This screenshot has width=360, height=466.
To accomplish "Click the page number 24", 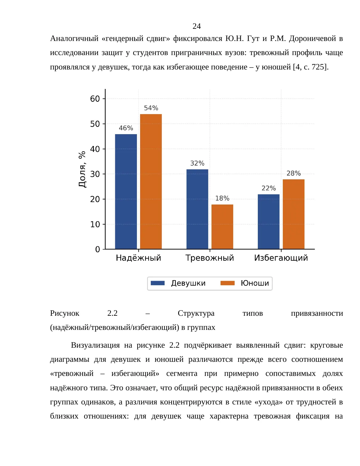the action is click(197, 26).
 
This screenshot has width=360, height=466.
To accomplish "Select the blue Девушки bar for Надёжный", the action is click(126, 191).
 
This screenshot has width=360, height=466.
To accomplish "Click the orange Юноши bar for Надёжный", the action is click(151, 181).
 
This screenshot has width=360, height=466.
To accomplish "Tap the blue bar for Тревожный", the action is click(197, 209).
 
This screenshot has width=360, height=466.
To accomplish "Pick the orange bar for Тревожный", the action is click(222, 227).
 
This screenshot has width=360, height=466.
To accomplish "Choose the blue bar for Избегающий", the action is click(269, 222).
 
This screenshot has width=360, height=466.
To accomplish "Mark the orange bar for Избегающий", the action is click(294, 214).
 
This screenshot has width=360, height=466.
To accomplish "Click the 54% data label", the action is click(151, 108).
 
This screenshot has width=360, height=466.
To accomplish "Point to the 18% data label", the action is click(222, 198).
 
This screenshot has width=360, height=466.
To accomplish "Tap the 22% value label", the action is click(269, 188).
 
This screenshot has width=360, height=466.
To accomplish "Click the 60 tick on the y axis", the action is click(95, 99).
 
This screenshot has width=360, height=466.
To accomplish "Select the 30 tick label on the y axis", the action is click(95, 174).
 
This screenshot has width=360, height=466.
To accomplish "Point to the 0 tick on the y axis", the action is click(98, 249).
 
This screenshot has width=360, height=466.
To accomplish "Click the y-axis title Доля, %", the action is click(82, 169).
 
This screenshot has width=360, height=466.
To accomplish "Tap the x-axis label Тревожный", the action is click(210, 258).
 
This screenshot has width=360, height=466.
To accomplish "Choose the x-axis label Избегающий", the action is click(281, 258).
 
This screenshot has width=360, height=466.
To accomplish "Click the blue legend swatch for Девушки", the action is click(158, 283).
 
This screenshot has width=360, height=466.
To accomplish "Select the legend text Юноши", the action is click(255, 283).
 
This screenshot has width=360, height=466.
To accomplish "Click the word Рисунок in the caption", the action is click(65, 313).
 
